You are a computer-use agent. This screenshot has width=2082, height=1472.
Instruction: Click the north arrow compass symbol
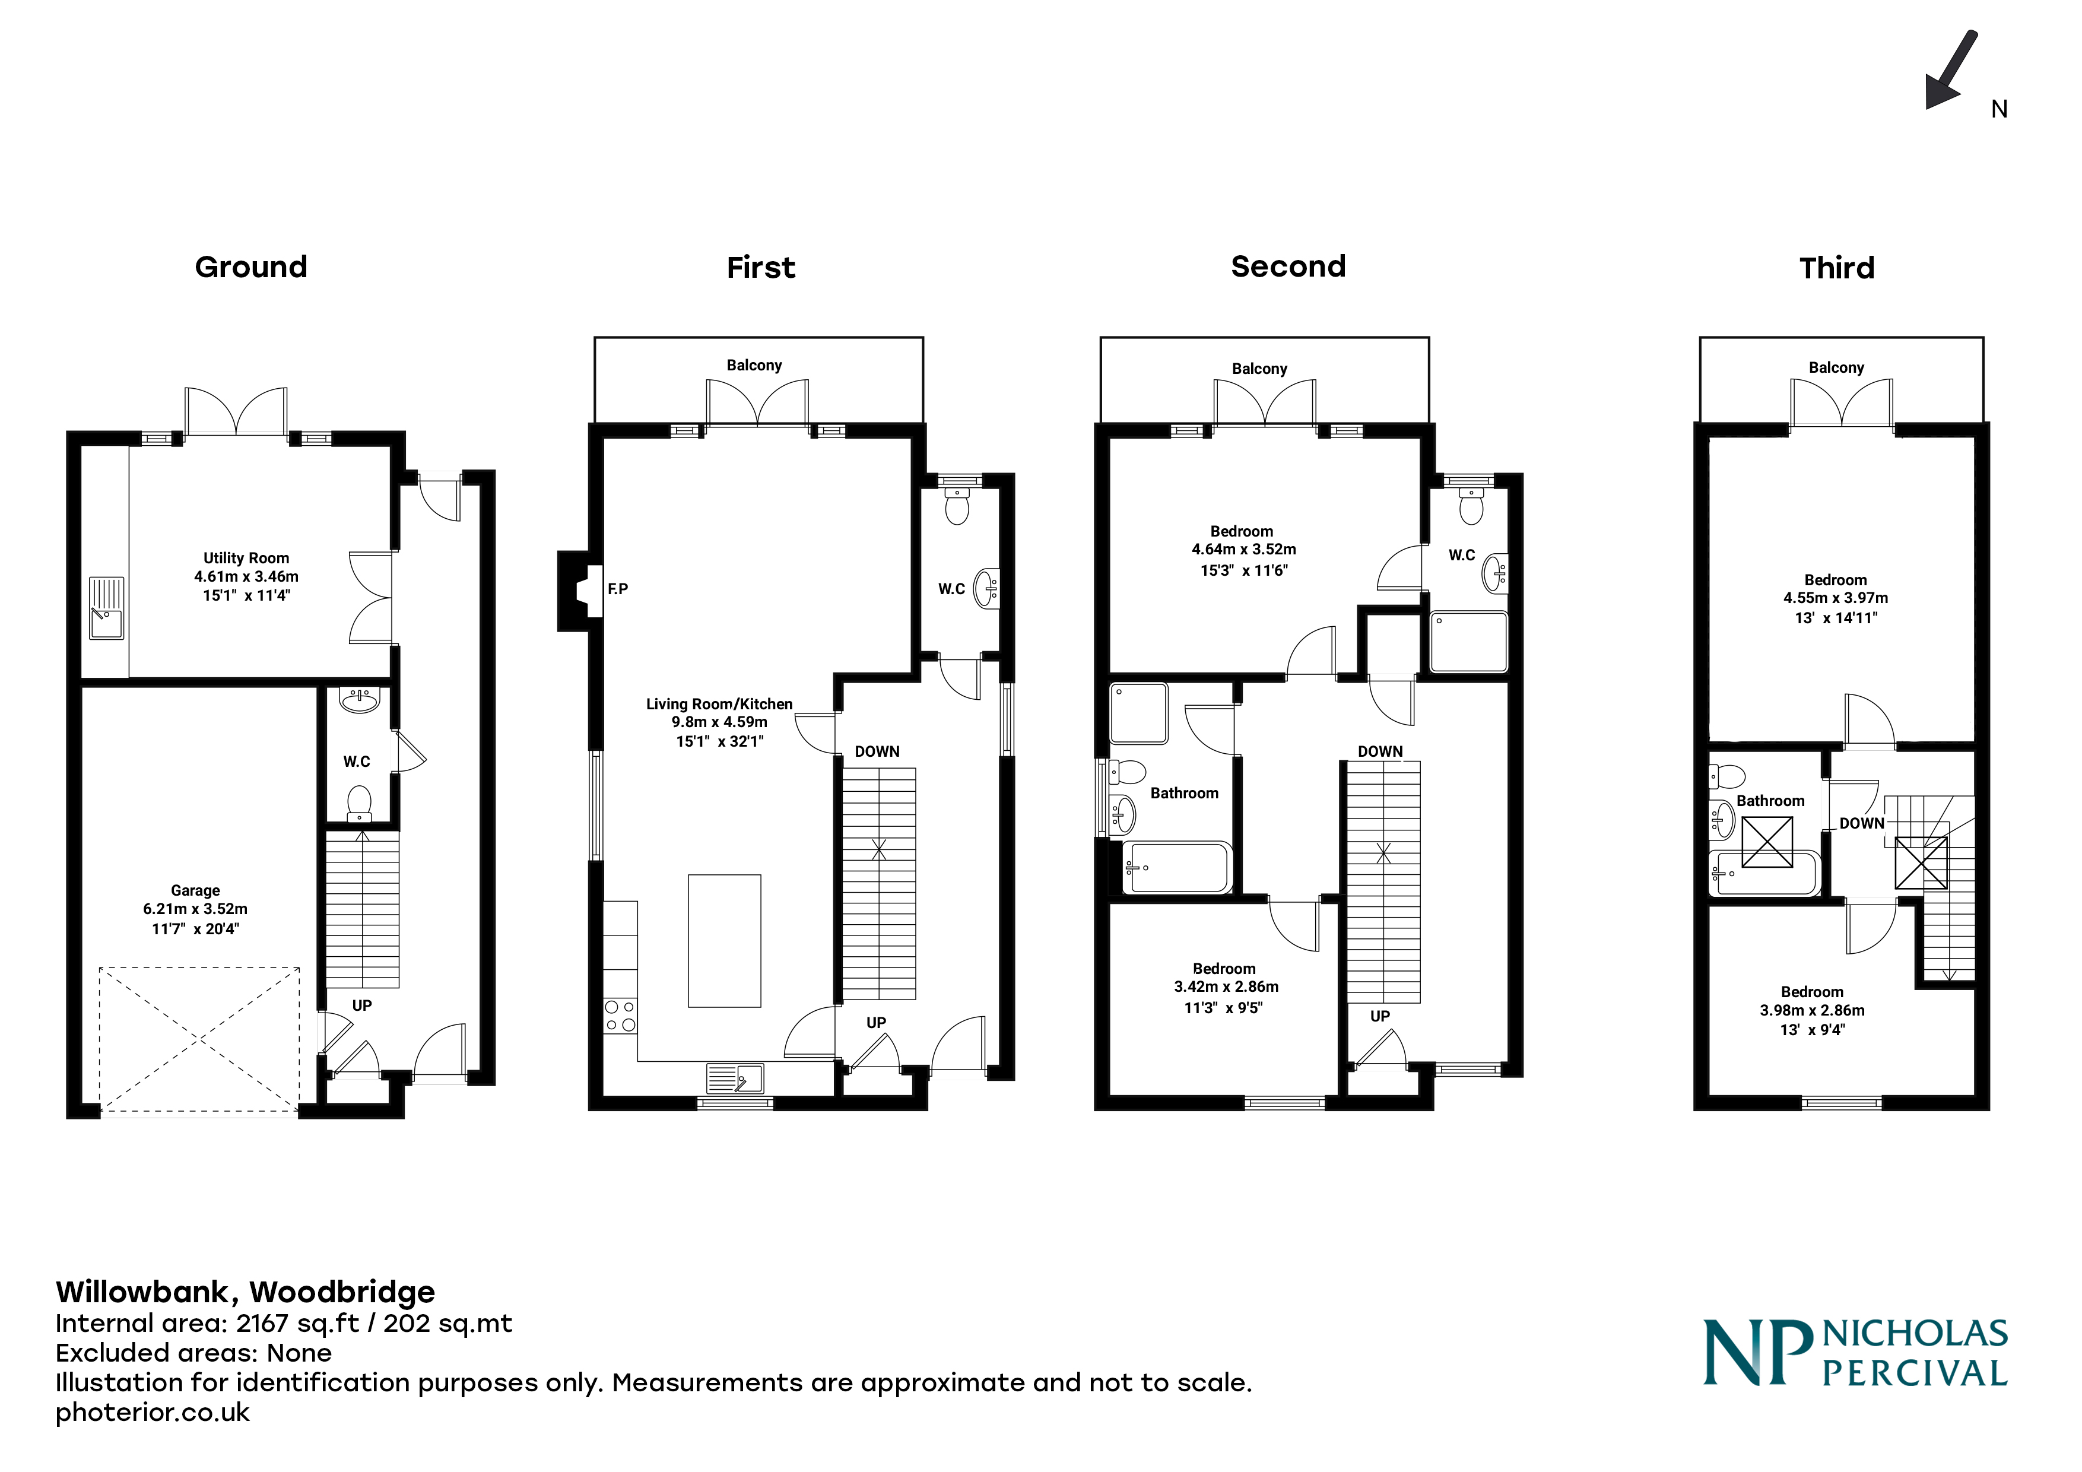point(1951,71)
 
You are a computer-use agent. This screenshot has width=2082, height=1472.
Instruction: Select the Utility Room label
point(246,558)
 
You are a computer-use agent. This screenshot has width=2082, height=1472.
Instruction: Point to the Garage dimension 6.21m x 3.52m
point(195,909)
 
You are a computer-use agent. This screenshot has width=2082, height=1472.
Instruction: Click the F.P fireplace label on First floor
point(617,589)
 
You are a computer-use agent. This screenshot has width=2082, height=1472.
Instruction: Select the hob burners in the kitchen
point(620,1016)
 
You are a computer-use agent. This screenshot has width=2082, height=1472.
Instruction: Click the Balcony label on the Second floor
point(1259,368)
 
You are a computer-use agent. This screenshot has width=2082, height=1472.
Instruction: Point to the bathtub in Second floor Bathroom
point(1176,868)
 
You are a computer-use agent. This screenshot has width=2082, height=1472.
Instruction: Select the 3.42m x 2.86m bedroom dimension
point(1226,987)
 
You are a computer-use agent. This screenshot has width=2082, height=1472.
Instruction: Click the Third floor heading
point(1836,268)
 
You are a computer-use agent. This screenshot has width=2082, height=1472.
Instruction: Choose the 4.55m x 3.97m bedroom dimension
point(1835,598)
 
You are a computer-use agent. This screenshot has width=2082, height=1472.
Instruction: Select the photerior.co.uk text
point(153,1412)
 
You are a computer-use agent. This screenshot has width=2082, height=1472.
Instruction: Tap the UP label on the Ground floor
point(362,1005)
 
